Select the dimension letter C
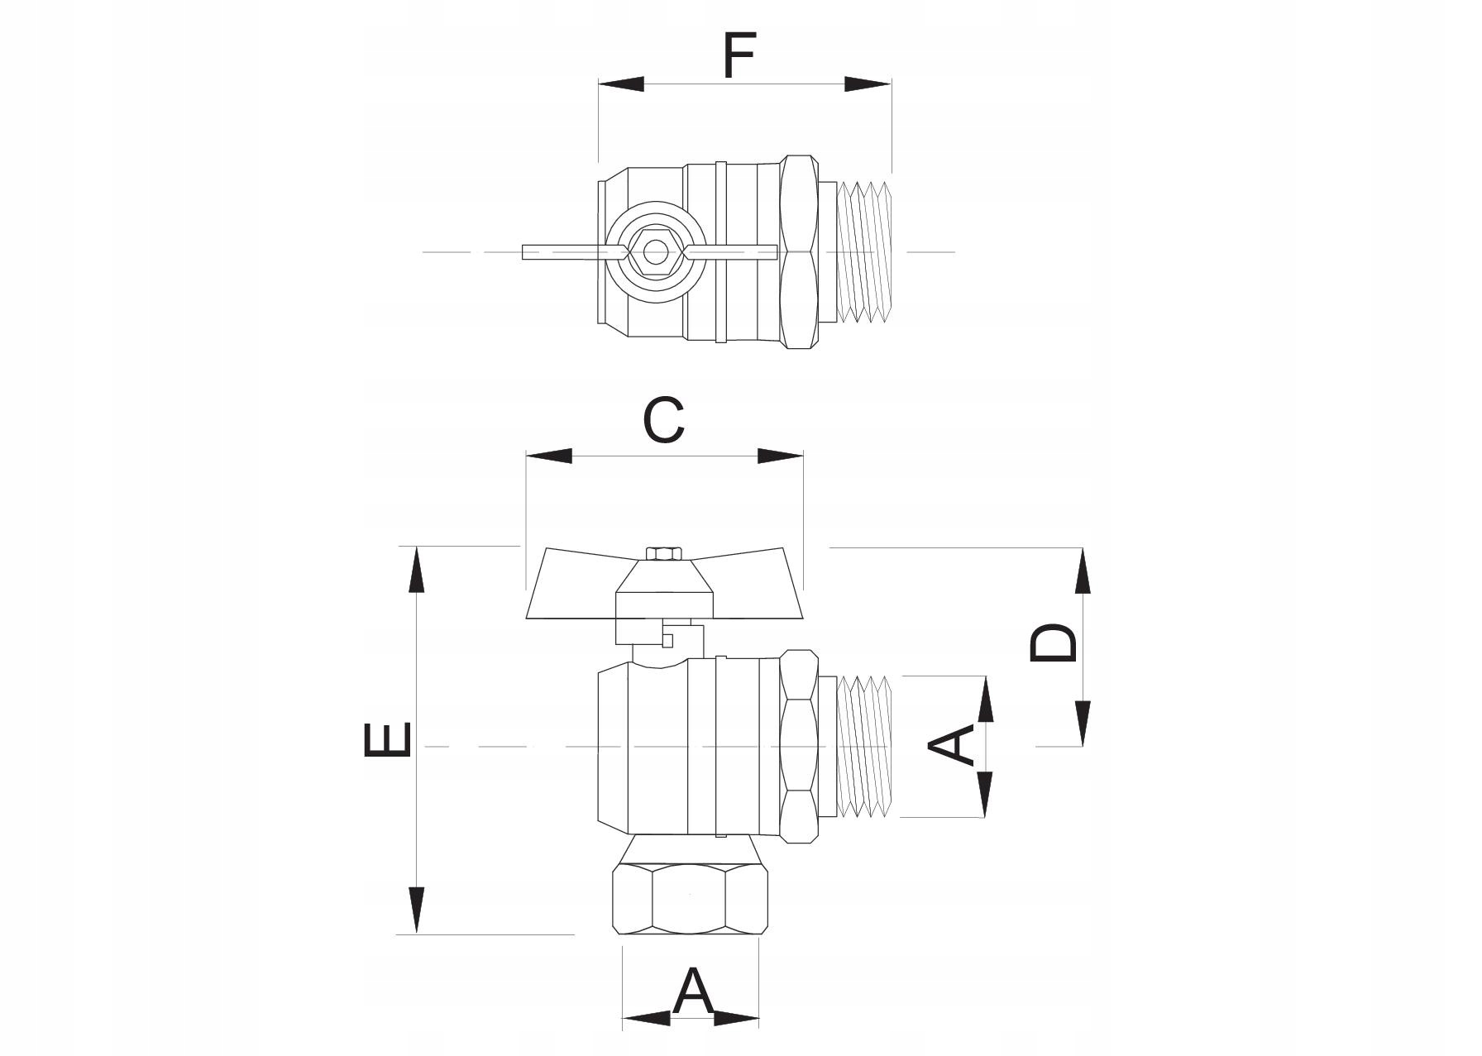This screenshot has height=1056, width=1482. [x=663, y=420]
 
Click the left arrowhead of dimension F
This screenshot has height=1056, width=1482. [x=620, y=84]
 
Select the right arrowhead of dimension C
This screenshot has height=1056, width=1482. [x=781, y=456]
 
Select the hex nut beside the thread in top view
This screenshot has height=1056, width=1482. [x=800, y=251]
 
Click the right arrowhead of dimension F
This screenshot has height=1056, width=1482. [x=868, y=84]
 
